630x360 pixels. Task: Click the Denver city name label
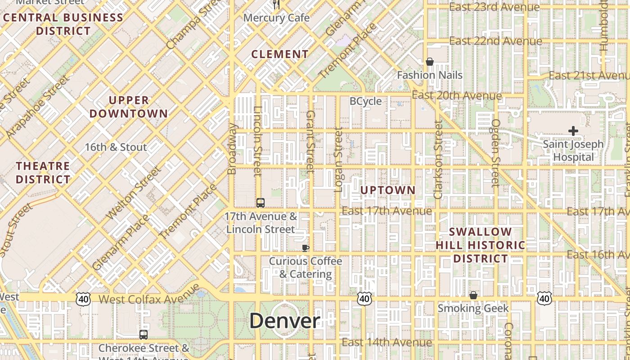284,321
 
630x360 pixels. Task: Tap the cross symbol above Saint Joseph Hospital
573,131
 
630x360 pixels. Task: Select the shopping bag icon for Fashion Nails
430,62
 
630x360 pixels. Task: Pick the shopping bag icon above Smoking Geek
473,295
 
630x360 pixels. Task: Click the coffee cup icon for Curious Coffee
306,247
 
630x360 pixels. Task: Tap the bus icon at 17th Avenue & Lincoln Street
260,202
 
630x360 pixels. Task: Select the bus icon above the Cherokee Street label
143,334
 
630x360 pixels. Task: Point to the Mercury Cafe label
276,18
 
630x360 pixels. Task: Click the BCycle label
365,101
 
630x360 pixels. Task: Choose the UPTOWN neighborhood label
387,190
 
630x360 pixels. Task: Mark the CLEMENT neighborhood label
280,54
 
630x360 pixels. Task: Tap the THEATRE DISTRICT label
43,173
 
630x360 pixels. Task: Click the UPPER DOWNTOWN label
129,107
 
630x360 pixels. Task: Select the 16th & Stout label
116,147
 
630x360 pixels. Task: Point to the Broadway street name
232,148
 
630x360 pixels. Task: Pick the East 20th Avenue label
457,95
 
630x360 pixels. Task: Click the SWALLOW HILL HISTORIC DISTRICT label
481,245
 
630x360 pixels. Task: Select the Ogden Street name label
495,153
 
